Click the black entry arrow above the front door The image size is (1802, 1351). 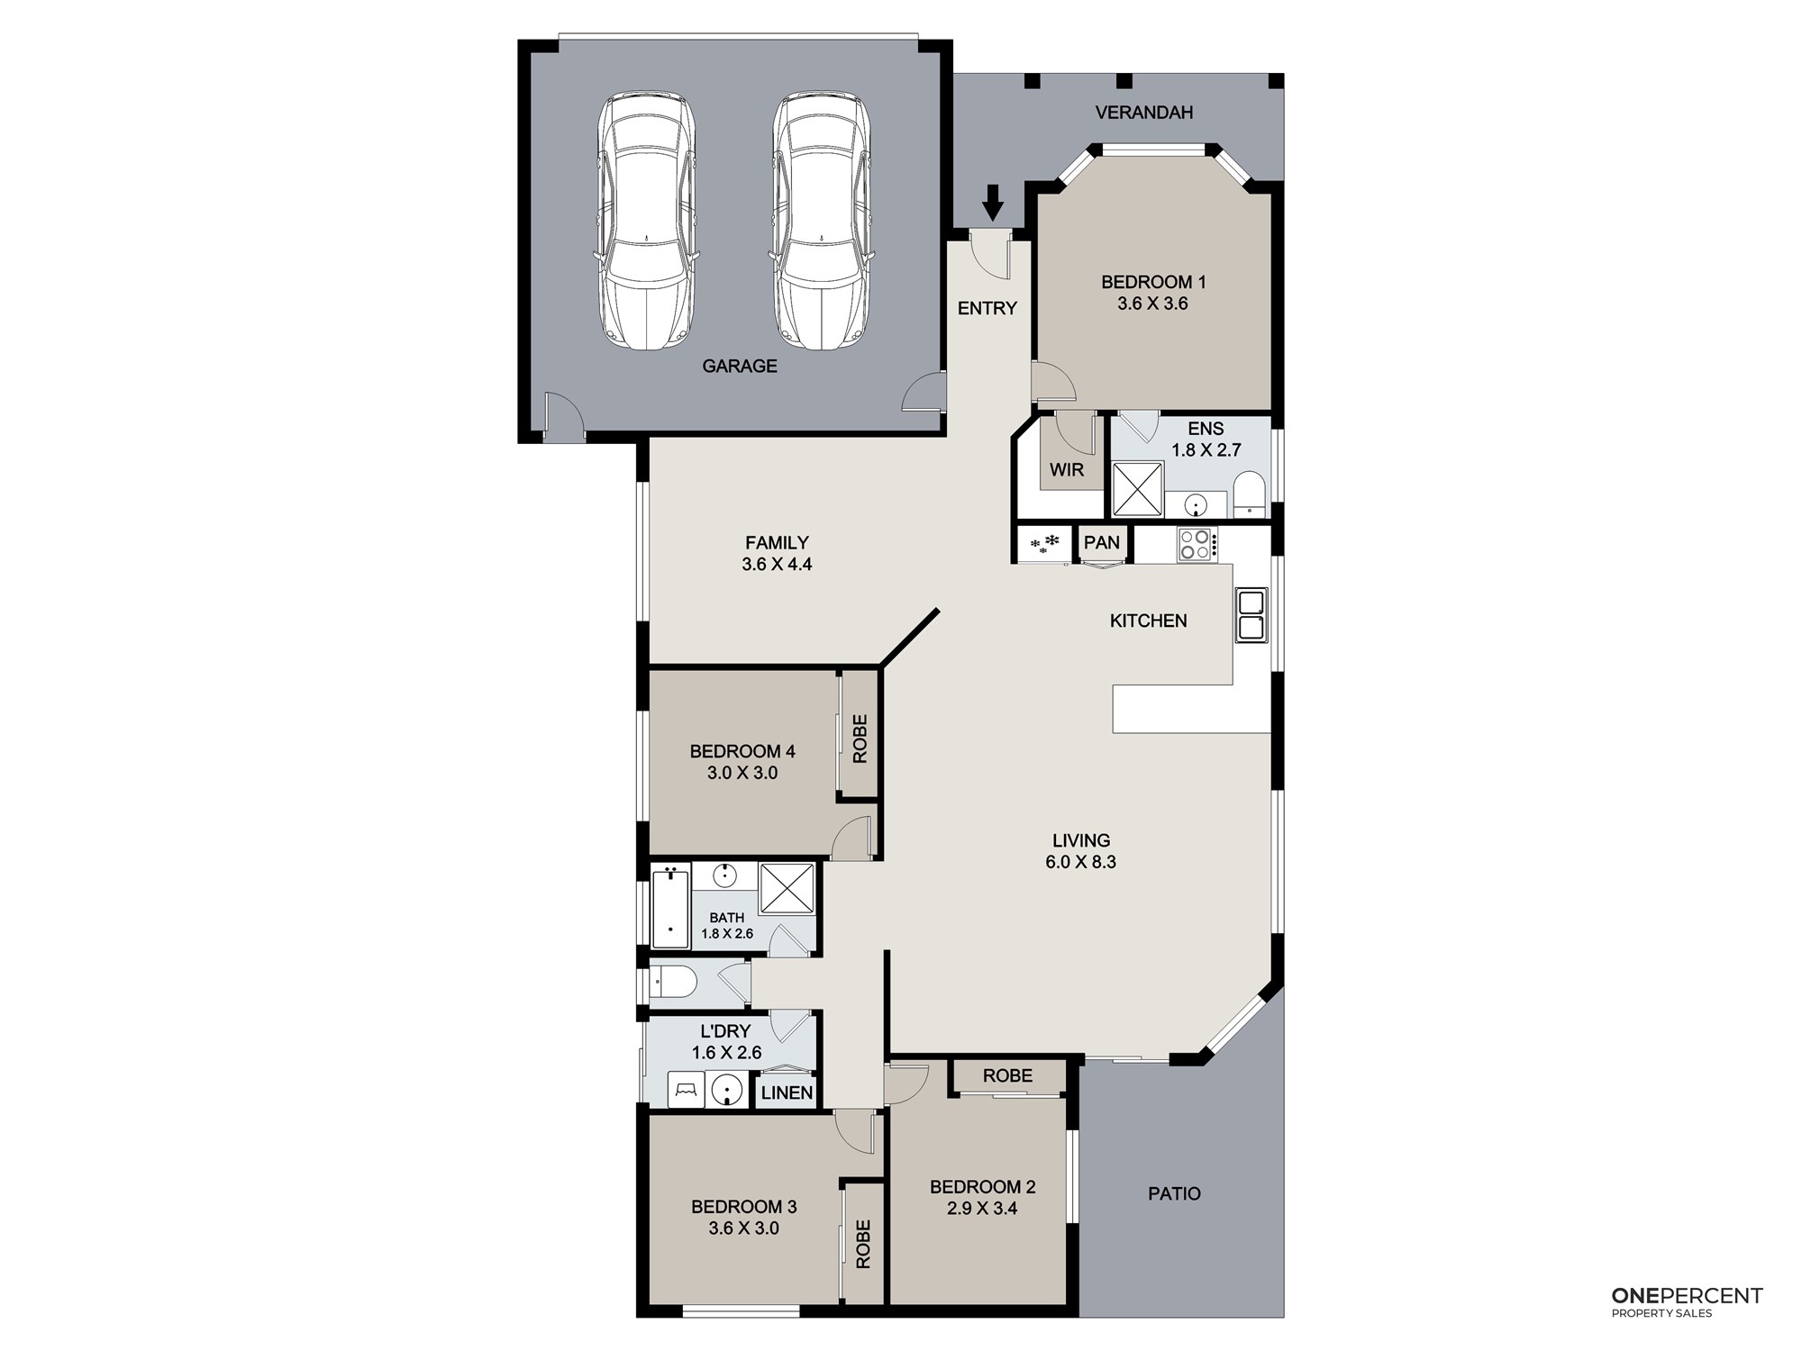[993, 203]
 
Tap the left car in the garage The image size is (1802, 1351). [647, 221]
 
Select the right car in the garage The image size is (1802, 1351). [822, 221]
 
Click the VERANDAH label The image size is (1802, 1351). [1144, 113]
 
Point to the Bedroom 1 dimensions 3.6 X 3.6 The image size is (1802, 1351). [1152, 304]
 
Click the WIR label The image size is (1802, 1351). [1067, 470]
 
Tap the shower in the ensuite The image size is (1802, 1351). [1137, 489]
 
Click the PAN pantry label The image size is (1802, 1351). [1102, 542]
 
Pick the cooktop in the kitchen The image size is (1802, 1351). [1197, 545]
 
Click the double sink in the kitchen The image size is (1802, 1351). [1251, 614]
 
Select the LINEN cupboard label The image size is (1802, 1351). [787, 1093]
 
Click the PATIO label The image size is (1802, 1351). [1174, 1193]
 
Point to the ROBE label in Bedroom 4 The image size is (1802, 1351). [860, 739]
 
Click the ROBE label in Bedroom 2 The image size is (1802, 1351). [1007, 1075]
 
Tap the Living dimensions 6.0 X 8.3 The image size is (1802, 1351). [1080, 862]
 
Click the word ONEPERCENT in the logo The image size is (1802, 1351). [1687, 1296]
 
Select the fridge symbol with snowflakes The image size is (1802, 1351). [1044, 544]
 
